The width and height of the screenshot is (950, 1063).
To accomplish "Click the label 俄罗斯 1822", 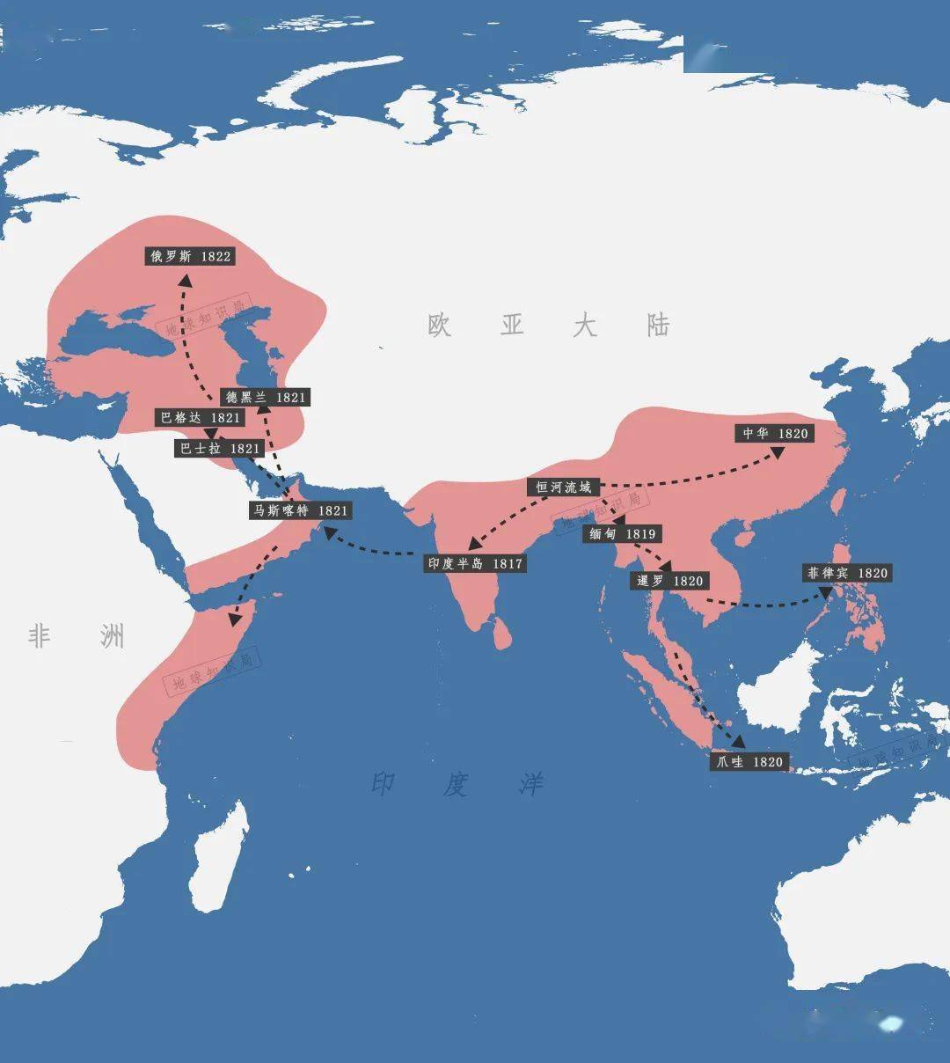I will [190, 256].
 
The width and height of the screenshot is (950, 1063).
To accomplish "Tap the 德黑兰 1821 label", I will [266, 398].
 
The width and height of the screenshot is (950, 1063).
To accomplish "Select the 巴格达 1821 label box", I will [200, 418].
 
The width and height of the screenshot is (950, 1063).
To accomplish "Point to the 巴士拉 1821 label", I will [220, 449].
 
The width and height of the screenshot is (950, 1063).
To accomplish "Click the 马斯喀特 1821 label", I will [301, 510].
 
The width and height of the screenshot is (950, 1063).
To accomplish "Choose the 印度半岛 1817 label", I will [475, 563].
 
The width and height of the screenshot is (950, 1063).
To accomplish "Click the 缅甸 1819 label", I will [622, 534].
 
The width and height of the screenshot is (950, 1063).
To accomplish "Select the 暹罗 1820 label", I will [670, 581].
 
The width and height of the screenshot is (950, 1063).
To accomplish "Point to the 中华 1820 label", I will [774, 434].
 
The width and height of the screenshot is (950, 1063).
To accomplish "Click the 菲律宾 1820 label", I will [848, 573].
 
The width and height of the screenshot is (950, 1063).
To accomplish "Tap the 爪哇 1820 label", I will [749, 762].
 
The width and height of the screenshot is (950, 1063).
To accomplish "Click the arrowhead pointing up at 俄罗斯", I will [185, 279].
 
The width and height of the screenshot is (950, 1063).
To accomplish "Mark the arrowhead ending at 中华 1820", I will [778, 451].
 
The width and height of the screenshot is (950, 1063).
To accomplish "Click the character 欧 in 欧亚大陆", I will [440, 326].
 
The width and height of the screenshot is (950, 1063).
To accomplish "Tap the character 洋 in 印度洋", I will [530, 784].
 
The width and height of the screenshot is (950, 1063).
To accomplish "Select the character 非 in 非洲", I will [39, 635].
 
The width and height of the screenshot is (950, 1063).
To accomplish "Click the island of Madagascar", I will [217, 858].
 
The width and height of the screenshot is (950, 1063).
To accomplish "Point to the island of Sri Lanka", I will [501, 632].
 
